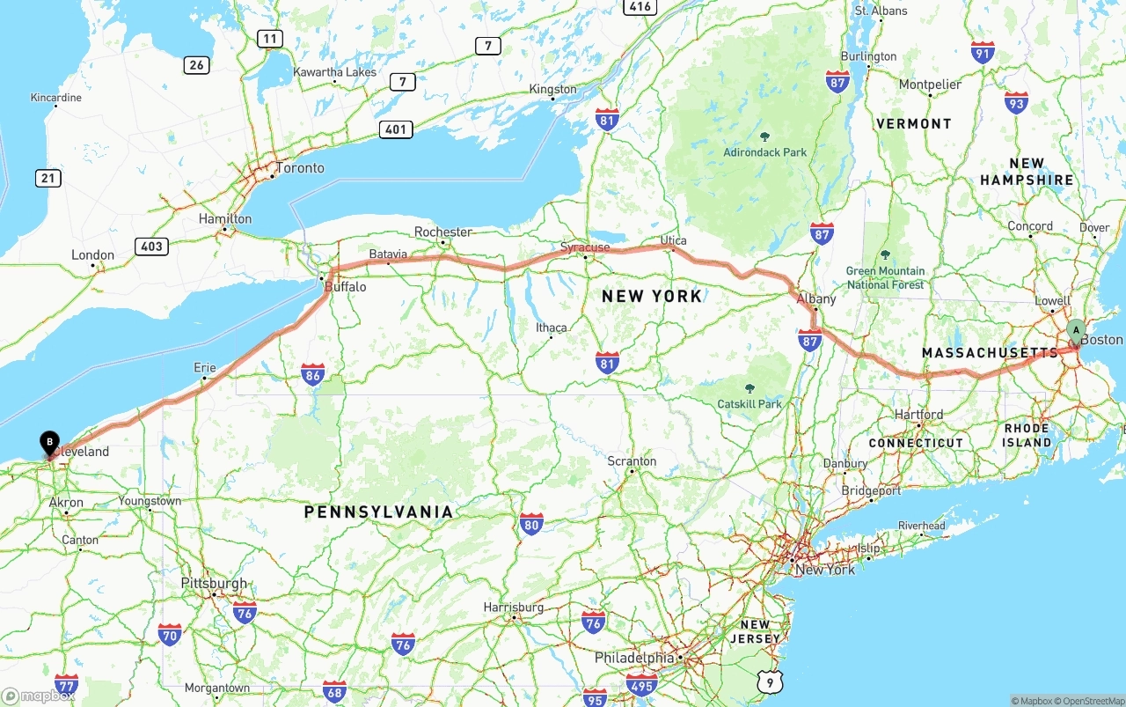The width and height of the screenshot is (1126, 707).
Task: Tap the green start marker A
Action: pyautogui.click(x=1076, y=331)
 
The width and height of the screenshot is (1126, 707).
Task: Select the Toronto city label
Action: pyautogui.click(x=300, y=168)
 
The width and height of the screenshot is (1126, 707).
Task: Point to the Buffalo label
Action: pyautogui.click(x=345, y=287)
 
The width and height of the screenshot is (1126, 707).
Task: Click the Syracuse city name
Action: pyautogui.click(x=585, y=247)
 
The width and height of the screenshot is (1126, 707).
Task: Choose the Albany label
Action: pyautogui.click(x=815, y=299)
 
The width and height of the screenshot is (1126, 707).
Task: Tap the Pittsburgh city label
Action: pyautogui.click(x=214, y=584)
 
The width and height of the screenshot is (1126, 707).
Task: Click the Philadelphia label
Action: pyautogui.click(x=634, y=659)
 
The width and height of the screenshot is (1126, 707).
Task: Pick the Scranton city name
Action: pyautogui.click(x=632, y=461)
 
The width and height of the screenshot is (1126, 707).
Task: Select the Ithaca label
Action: pyautogui.click(x=552, y=328)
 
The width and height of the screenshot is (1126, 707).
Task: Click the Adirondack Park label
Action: pyautogui.click(x=764, y=152)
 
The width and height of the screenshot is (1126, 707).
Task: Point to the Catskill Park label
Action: pyautogui.click(x=749, y=404)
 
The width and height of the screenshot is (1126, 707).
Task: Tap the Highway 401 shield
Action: pyautogui.click(x=396, y=129)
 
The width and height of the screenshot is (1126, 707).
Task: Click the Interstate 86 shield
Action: pyautogui.click(x=312, y=374)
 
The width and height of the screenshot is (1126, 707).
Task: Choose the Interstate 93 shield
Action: pyautogui.click(x=1016, y=102)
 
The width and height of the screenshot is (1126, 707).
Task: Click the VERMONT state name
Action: pyautogui.click(x=913, y=124)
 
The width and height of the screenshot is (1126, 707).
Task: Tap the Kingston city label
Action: pyautogui.click(x=552, y=89)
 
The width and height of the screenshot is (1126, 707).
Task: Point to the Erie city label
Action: pyautogui.click(x=204, y=368)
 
